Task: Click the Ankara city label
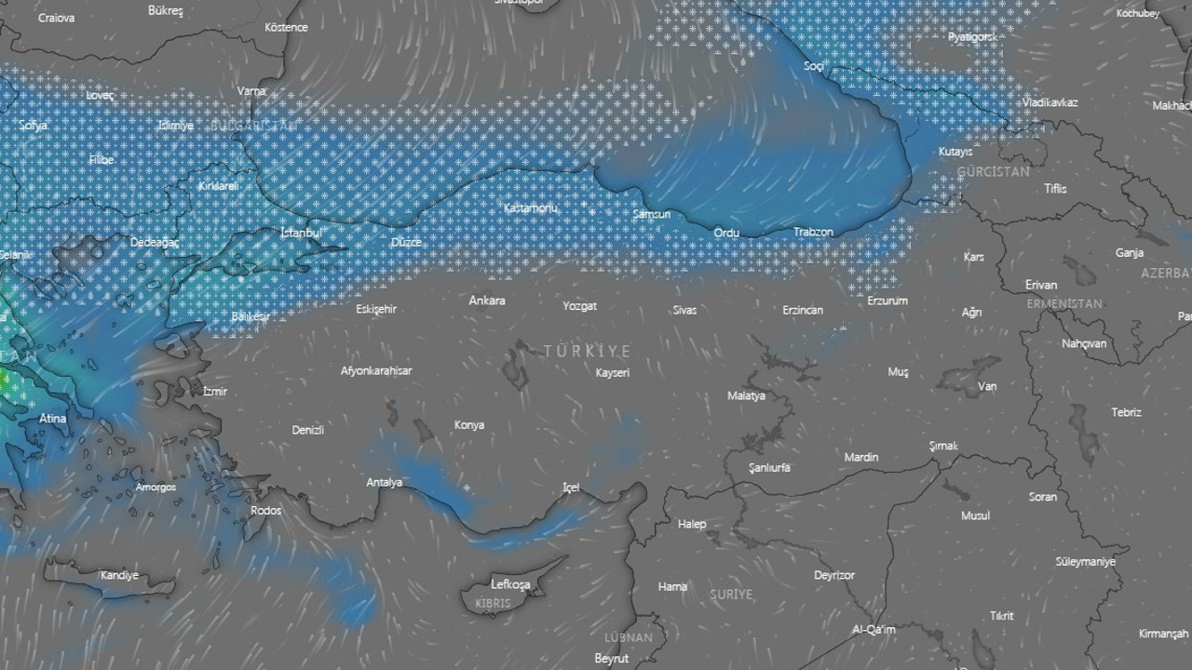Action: pos(487,301)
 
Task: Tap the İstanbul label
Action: pos(301,232)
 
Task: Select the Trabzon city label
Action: pos(813,232)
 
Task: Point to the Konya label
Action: pos(469,425)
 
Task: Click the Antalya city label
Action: pos(385,482)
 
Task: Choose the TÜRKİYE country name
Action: pos(588,351)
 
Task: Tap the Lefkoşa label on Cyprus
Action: pos(510,584)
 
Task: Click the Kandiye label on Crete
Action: pos(119,575)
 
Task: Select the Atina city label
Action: pos(53,419)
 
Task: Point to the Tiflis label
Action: pos(1055,189)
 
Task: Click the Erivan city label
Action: pos(1041,285)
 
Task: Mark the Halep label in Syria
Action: pos(692,524)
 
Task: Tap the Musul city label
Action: pos(975,516)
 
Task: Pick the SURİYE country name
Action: pos(732,594)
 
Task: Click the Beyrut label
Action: pos(612,659)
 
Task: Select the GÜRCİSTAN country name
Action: pos(993,172)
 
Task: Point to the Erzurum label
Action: pos(887,301)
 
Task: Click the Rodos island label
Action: pos(266,510)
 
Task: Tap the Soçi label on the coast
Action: pos(815,66)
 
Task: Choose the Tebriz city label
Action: pos(1126,412)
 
